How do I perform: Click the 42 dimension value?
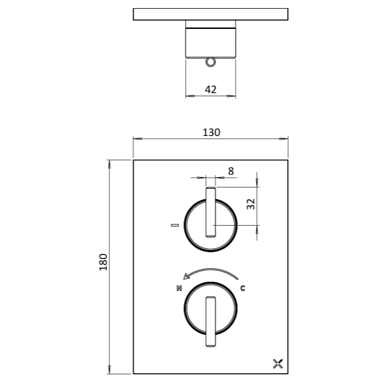pyautogui.click(x=211, y=90)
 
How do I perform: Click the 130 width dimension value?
pyautogui.click(x=211, y=132)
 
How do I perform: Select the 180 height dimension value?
pyautogui.click(x=104, y=264)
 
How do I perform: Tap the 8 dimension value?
pyautogui.click(x=231, y=171)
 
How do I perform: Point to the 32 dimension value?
pyautogui.click(x=251, y=205)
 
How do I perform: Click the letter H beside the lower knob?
pyautogui.click(x=179, y=288)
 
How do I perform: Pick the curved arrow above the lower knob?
pyautogui.click(x=210, y=272)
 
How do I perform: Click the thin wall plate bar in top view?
pyautogui.click(x=211, y=14)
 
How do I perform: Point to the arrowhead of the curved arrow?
pyautogui.click(x=186, y=277)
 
